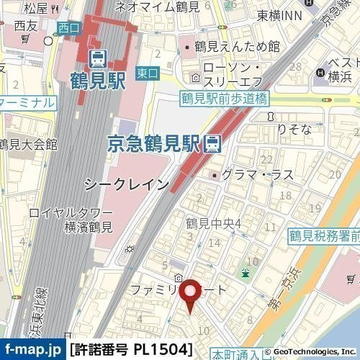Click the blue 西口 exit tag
67,29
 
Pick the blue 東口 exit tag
146,73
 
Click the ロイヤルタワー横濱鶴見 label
70,220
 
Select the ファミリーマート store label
177,289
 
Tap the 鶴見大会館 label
29,145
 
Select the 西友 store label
24,26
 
